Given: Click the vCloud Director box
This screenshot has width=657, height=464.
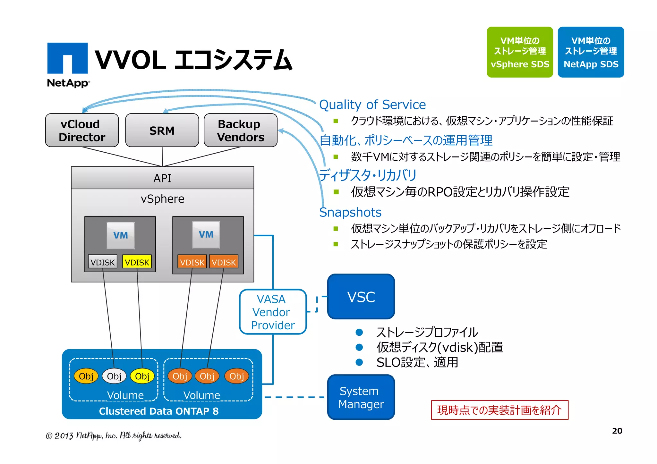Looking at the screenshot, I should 82,130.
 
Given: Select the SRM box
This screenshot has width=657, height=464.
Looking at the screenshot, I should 162,130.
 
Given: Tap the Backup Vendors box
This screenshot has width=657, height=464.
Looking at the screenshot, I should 240,130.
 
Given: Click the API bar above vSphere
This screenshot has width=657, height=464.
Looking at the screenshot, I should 162,178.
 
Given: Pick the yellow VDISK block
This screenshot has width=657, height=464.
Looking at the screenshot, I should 137,262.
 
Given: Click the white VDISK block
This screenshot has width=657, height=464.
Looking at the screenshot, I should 103,262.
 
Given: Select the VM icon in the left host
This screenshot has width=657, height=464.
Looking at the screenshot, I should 120,235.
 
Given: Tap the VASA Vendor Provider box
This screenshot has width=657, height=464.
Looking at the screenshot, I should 273,312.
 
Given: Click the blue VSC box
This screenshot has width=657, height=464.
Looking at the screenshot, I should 361,297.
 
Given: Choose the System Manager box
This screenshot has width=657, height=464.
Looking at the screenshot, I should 361,397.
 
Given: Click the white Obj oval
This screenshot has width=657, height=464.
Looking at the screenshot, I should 114,376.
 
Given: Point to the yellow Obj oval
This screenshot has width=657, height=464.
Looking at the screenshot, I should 142,376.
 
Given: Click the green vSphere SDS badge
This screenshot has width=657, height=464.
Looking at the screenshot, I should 520,52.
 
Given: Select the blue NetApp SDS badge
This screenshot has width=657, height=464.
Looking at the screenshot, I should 591,52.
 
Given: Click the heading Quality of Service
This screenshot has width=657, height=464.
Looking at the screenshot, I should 372,105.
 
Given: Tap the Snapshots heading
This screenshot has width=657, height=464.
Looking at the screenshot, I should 350,212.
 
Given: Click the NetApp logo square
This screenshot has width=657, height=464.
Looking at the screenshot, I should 67,58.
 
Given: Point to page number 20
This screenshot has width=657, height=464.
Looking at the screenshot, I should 617,431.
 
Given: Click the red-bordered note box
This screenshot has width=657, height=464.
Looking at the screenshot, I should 499,410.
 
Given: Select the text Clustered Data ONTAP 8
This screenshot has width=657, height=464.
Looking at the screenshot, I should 159,411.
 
